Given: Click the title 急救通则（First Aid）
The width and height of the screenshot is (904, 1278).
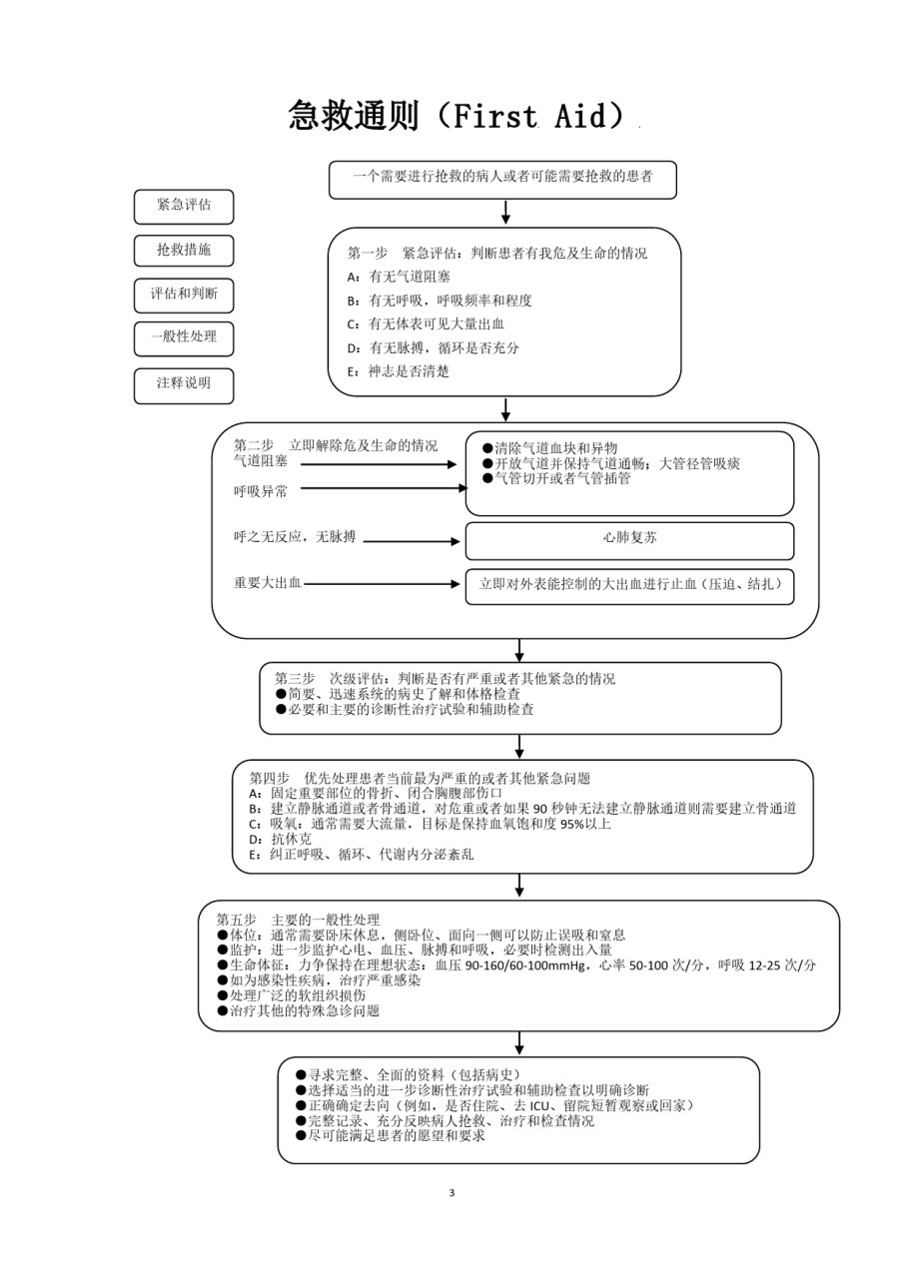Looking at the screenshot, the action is (456, 116).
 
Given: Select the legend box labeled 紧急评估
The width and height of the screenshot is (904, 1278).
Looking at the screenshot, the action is (184, 207).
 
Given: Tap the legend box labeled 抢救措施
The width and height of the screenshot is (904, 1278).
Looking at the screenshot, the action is (184, 251).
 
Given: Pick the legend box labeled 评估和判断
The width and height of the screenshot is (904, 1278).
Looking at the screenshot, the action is (184, 295).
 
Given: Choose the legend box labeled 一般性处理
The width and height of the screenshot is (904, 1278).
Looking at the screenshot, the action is (184, 338).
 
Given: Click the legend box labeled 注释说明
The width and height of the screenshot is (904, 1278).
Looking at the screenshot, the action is (184, 385).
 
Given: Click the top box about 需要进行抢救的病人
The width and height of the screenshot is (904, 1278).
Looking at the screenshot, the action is (502, 180).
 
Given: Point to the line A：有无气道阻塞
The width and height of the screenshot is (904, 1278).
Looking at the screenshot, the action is (399, 277).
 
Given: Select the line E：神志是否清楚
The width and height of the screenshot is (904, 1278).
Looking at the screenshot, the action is (398, 371).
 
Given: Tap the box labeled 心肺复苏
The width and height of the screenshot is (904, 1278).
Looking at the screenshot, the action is (629, 541).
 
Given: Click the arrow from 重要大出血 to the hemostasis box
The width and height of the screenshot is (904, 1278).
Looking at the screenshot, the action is (382, 584).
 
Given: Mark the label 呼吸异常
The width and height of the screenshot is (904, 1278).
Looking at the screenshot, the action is (261, 491).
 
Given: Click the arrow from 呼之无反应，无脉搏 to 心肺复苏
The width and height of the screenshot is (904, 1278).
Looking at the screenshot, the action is (412, 541).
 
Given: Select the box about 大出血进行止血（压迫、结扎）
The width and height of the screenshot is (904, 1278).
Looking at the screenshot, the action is (629, 586).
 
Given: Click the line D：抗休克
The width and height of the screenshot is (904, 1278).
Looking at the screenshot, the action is (281, 840).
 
